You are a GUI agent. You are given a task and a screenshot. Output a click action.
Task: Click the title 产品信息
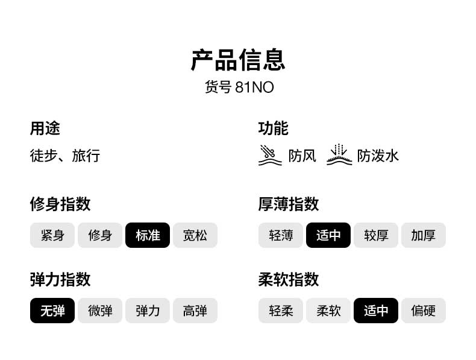pyautogui.click(x=238, y=60)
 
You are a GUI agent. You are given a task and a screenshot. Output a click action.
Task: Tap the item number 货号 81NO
pyautogui.click(x=239, y=87)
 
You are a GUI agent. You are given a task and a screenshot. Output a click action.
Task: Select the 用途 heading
pyautogui.click(x=45, y=128)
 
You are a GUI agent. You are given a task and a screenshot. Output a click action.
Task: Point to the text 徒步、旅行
pyautogui.click(x=65, y=156)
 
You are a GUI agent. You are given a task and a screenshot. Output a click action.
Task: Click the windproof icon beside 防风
pyautogui.click(x=270, y=156)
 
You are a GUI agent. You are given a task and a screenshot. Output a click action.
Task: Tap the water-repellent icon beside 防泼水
pyautogui.click(x=339, y=156)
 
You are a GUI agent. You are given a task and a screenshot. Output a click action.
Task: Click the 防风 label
pyautogui.click(x=302, y=156)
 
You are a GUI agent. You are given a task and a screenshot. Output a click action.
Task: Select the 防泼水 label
pyautogui.click(x=378, y=156)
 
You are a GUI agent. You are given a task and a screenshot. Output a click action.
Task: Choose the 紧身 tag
pyautogui.click(x=52, y=235)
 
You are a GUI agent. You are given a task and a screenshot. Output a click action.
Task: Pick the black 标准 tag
pyautogui.click(x=148, y=235)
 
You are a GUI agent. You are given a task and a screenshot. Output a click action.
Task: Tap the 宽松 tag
pyautogui.click(x=195, y=235)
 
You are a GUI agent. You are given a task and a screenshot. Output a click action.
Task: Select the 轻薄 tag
pyautogui.click(x=281, y=235)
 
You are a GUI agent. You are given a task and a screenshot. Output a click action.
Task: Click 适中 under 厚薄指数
pyautogui.click(x=328, y=235)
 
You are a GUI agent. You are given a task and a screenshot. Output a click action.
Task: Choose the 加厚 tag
pyautogui.click(x=424, y=235)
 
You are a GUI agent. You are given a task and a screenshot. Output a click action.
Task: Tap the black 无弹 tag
pyautogui.click(x=52, y=311)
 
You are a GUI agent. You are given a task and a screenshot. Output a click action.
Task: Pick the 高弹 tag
pyautogui.click(x=195, y=311)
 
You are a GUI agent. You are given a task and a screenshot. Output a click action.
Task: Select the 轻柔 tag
pyautogui.click(x=281, y=311)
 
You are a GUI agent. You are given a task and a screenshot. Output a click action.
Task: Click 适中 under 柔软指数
pyautogui.click(x=376, y=311)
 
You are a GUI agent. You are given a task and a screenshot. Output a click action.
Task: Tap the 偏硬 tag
pyautogui.click(x=424, y=311)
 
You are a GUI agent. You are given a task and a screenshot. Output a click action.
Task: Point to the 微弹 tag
pyautogui.click(x=100, y=311)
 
